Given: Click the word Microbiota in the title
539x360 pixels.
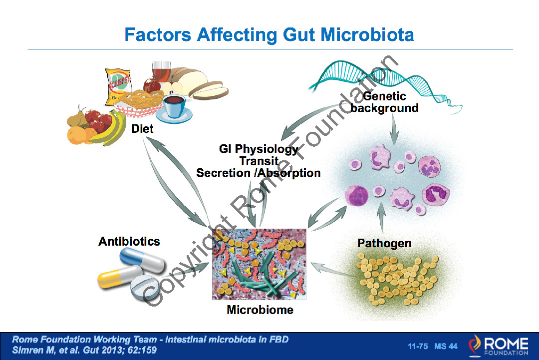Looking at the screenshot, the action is pos(367,35).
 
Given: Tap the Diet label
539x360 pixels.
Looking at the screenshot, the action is pos(142,129).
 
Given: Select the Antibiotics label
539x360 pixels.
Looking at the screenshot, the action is pos(129,241).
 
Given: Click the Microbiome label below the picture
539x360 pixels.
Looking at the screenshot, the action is pos(260,310).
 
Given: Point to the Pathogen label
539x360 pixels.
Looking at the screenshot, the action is pos(384,244).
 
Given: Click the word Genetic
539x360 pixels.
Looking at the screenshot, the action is pos(385,96).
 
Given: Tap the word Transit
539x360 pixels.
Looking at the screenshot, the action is pos(259,161).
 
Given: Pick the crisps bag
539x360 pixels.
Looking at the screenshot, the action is pos(118,86).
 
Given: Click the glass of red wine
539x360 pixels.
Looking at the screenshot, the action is pos(161,73).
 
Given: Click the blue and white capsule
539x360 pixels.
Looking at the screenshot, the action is pos(142,260).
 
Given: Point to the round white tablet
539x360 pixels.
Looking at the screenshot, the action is pos(144,287).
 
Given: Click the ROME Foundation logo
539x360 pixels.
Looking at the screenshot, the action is pos(499,346).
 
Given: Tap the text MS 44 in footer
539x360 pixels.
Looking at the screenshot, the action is pos(446,346).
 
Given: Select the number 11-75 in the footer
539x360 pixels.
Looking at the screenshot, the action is pos(418,346).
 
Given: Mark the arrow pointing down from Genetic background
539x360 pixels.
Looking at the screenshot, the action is pos(394,129).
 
